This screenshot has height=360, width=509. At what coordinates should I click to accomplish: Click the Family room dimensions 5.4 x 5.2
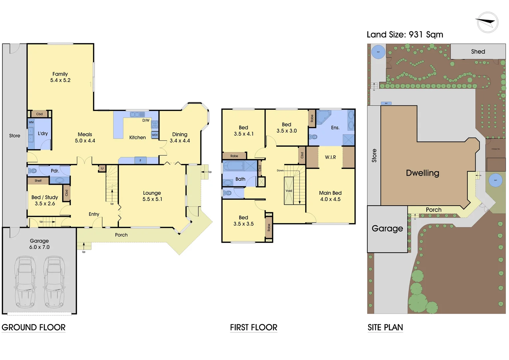click(60, 80)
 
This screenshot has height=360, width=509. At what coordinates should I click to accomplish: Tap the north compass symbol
click(487, 23)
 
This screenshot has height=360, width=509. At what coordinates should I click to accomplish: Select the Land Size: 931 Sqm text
click(405, 35)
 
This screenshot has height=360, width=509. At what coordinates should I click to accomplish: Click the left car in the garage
click(25, 282)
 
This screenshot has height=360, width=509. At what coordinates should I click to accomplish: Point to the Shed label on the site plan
click(478, 52)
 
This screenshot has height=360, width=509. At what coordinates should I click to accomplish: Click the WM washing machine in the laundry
click(31, 122)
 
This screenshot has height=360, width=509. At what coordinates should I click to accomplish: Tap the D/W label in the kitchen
click(146, 120)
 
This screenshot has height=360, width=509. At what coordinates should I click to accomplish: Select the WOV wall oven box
click(155, 135)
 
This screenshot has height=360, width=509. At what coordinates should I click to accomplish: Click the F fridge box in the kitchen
click(140, 161)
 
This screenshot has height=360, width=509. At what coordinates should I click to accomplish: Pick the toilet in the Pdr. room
click(32, 171)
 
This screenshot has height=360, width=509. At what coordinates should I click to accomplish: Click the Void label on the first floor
click(288, 191)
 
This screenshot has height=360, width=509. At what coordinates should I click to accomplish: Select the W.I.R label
click(330, 157)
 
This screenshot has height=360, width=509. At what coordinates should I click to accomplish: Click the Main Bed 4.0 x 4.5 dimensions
click(330, 199)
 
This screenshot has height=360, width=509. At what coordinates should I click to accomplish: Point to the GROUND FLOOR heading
click(34, 327)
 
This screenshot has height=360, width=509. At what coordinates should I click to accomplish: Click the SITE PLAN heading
click(385, 327)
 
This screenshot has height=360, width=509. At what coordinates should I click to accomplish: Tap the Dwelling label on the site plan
click(422, 173)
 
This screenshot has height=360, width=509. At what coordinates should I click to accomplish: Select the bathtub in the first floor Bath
click(233, 166)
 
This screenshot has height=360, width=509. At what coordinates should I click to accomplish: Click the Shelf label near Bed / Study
click(38, 181)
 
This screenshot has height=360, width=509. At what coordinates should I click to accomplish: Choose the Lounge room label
click(152, 193)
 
